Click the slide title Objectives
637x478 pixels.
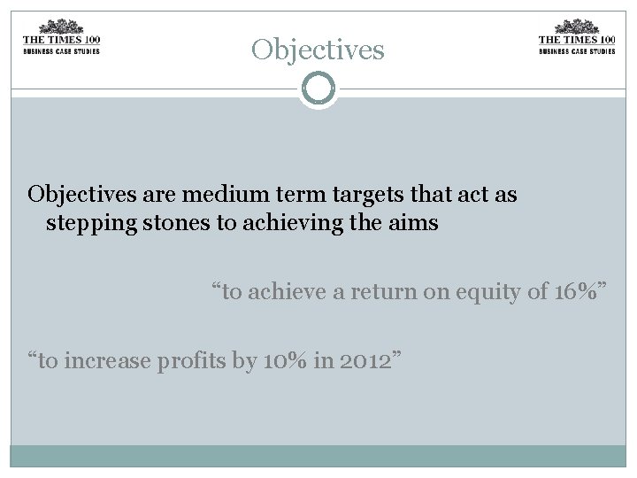318,50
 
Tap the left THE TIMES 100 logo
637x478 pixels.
61,37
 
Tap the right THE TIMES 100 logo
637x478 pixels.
577,37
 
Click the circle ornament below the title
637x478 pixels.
318,89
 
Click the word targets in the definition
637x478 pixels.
358,194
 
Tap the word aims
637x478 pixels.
413,222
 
